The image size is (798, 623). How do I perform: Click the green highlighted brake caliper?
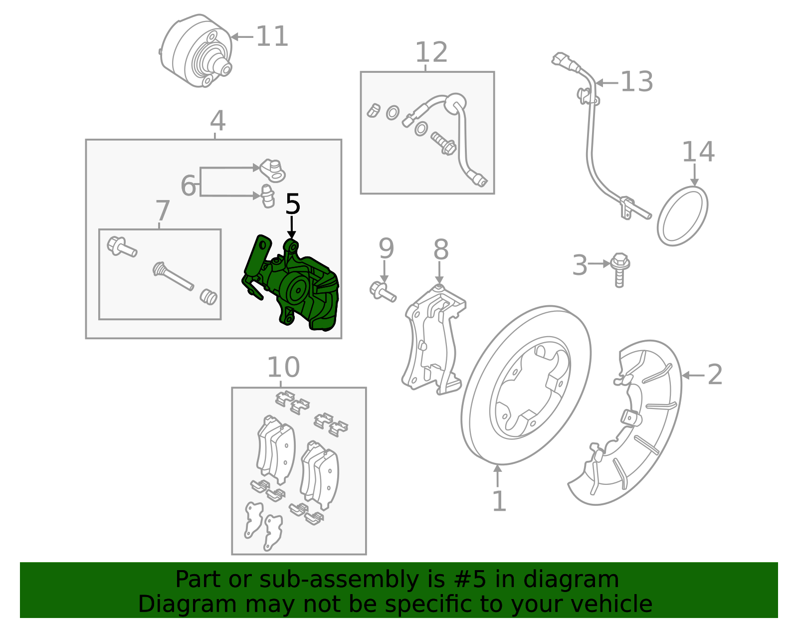pyautogui.click(x=294, y=289)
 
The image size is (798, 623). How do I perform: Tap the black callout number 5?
pyautogui.click(x=293, y=205)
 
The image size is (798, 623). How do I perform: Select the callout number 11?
pyautogui.click(x=272, y=36)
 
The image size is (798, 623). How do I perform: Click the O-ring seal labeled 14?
pyautogui.click(x=682, y=216)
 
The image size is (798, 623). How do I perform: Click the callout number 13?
pyautogui.click(x=636, y=82)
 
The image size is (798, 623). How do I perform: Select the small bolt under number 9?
pyautogui.click(x=383, y=291)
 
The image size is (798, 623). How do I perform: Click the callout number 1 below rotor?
pyautogui.click(x=499, y=501)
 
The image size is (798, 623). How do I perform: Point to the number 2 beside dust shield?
pyautogui.click(x=715, y=374)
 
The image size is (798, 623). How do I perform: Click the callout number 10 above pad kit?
pyautogui.click(x=283, y=368)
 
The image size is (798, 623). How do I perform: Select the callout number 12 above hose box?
pyautogui.click(x=431, y=52)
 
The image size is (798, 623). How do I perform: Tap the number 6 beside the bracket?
pyautogui.click(x=189, y=186)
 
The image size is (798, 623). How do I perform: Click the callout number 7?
pyautogui.click(x=163, y=211)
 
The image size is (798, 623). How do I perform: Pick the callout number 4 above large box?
pyautogui.click(x=217, y=121)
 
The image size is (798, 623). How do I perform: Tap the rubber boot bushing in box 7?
pyautogui.click(x=208, y=296)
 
